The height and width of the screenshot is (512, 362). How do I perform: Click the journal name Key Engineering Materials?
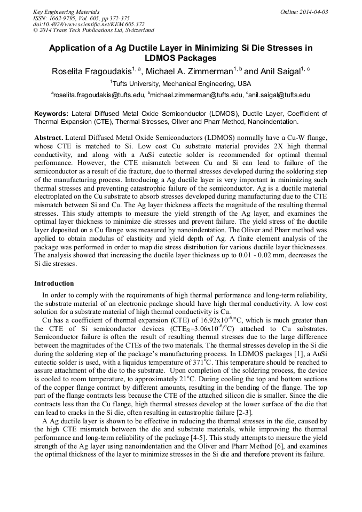[x=66, y=11]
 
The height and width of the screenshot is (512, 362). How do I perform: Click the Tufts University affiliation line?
[x=180, y=84]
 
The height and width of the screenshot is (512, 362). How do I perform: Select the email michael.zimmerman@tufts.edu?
[x=195, y=96]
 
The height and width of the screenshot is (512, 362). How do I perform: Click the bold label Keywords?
[x=51, y=114]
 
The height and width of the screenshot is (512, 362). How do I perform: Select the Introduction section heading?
[x=54, y=283]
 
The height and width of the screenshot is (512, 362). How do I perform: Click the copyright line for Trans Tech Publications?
[x=93, y=30]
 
